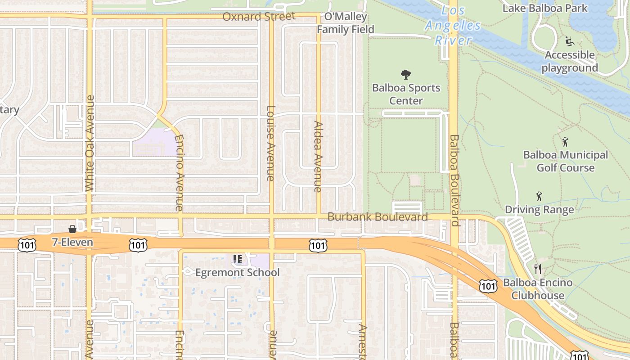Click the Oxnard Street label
click(259, 17)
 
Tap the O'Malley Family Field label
click(345, 23)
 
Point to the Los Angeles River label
click(453, 26)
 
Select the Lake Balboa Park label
click(545, 8)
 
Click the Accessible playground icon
click(570, 41)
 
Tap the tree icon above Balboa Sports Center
click(406, 74)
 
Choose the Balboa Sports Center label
click(406, 94)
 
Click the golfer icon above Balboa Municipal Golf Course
click(565, 142)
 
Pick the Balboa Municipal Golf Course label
click(566, 162)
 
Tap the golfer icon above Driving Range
click(539, 196)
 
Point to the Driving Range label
click(539, 210)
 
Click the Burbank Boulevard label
click(378, 217)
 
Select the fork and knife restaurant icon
click(537, 269)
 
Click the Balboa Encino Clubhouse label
click(538, 289)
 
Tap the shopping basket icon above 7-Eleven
click(72, 229)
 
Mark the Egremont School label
click(237, 273)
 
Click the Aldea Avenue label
click(319, 157)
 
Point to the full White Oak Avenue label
click(90, 143)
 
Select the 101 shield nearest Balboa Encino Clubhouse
click(488, 286)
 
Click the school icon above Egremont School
click(237, 259)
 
